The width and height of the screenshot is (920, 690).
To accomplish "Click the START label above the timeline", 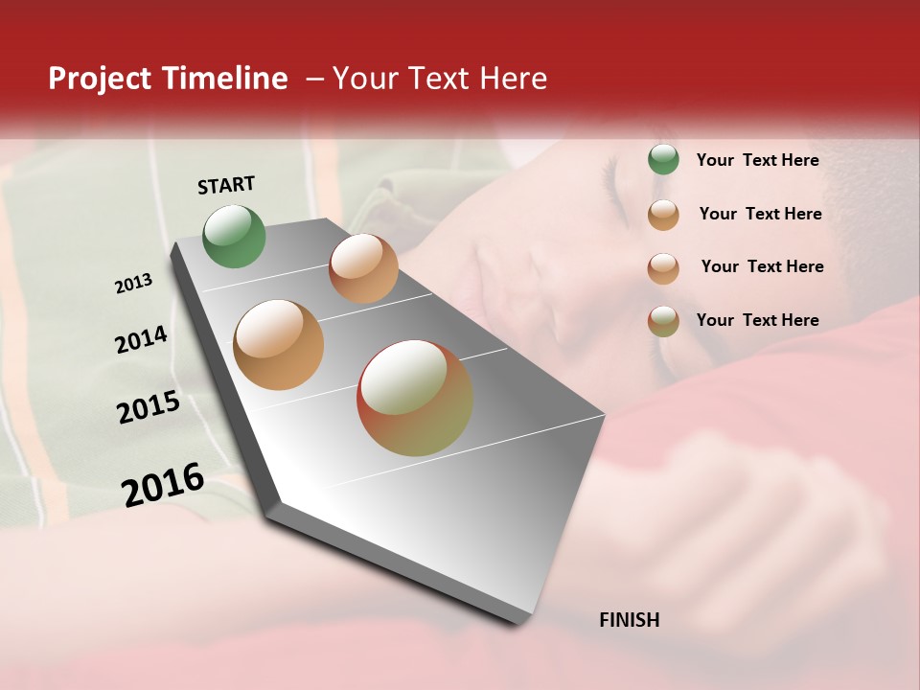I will click(226, 185).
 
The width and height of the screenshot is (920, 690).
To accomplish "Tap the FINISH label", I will click(629, 620).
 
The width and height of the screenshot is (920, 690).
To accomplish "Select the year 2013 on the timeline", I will click(134, 284).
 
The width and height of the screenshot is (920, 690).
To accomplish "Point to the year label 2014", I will click(141, 340).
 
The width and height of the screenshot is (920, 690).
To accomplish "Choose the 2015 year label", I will click(149, 407).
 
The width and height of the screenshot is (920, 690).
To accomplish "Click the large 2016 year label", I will click(163, 484).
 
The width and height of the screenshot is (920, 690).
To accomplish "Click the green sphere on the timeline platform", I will click(234, 237).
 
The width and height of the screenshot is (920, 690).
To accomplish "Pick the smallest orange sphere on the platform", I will click(363, 268).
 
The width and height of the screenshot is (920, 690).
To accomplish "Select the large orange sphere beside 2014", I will click(278, 345).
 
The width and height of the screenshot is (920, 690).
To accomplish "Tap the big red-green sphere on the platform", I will click(414, 398).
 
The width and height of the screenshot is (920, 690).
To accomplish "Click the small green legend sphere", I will click(663, 160).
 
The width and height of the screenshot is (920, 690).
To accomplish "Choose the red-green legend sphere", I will click(663, 320).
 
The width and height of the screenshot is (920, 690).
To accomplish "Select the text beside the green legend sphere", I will click(757, 160).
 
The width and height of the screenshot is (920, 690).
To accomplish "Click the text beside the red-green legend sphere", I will click(757, 320).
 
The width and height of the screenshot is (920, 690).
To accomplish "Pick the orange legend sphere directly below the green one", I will click(663, 215).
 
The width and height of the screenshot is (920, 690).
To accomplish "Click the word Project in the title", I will click(100, 79).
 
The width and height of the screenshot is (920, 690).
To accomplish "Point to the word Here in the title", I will click(513, 79).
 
